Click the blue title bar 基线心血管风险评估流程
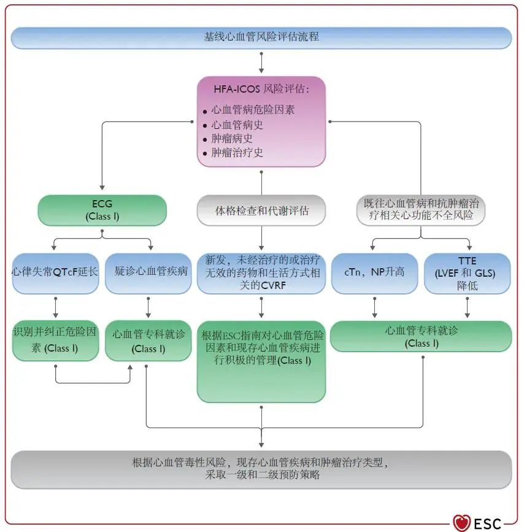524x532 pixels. point(261,37)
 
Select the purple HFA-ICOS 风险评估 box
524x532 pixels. point(261,121)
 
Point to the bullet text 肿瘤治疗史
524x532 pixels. point(237,153)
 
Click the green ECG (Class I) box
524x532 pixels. point(102,210)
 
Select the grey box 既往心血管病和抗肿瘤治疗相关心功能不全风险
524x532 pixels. point(421,210)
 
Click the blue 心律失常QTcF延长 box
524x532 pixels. point(55,272)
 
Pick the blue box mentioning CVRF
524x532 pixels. point(261,273)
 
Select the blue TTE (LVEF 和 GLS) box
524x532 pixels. point(468,273)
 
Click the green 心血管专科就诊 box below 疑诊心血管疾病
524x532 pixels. point(148,341)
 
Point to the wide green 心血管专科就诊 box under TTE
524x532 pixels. point(421,336)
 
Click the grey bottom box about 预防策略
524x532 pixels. point(261,469)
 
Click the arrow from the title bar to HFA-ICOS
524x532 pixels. point(261,63)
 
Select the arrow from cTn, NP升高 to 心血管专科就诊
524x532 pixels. point(374,307)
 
